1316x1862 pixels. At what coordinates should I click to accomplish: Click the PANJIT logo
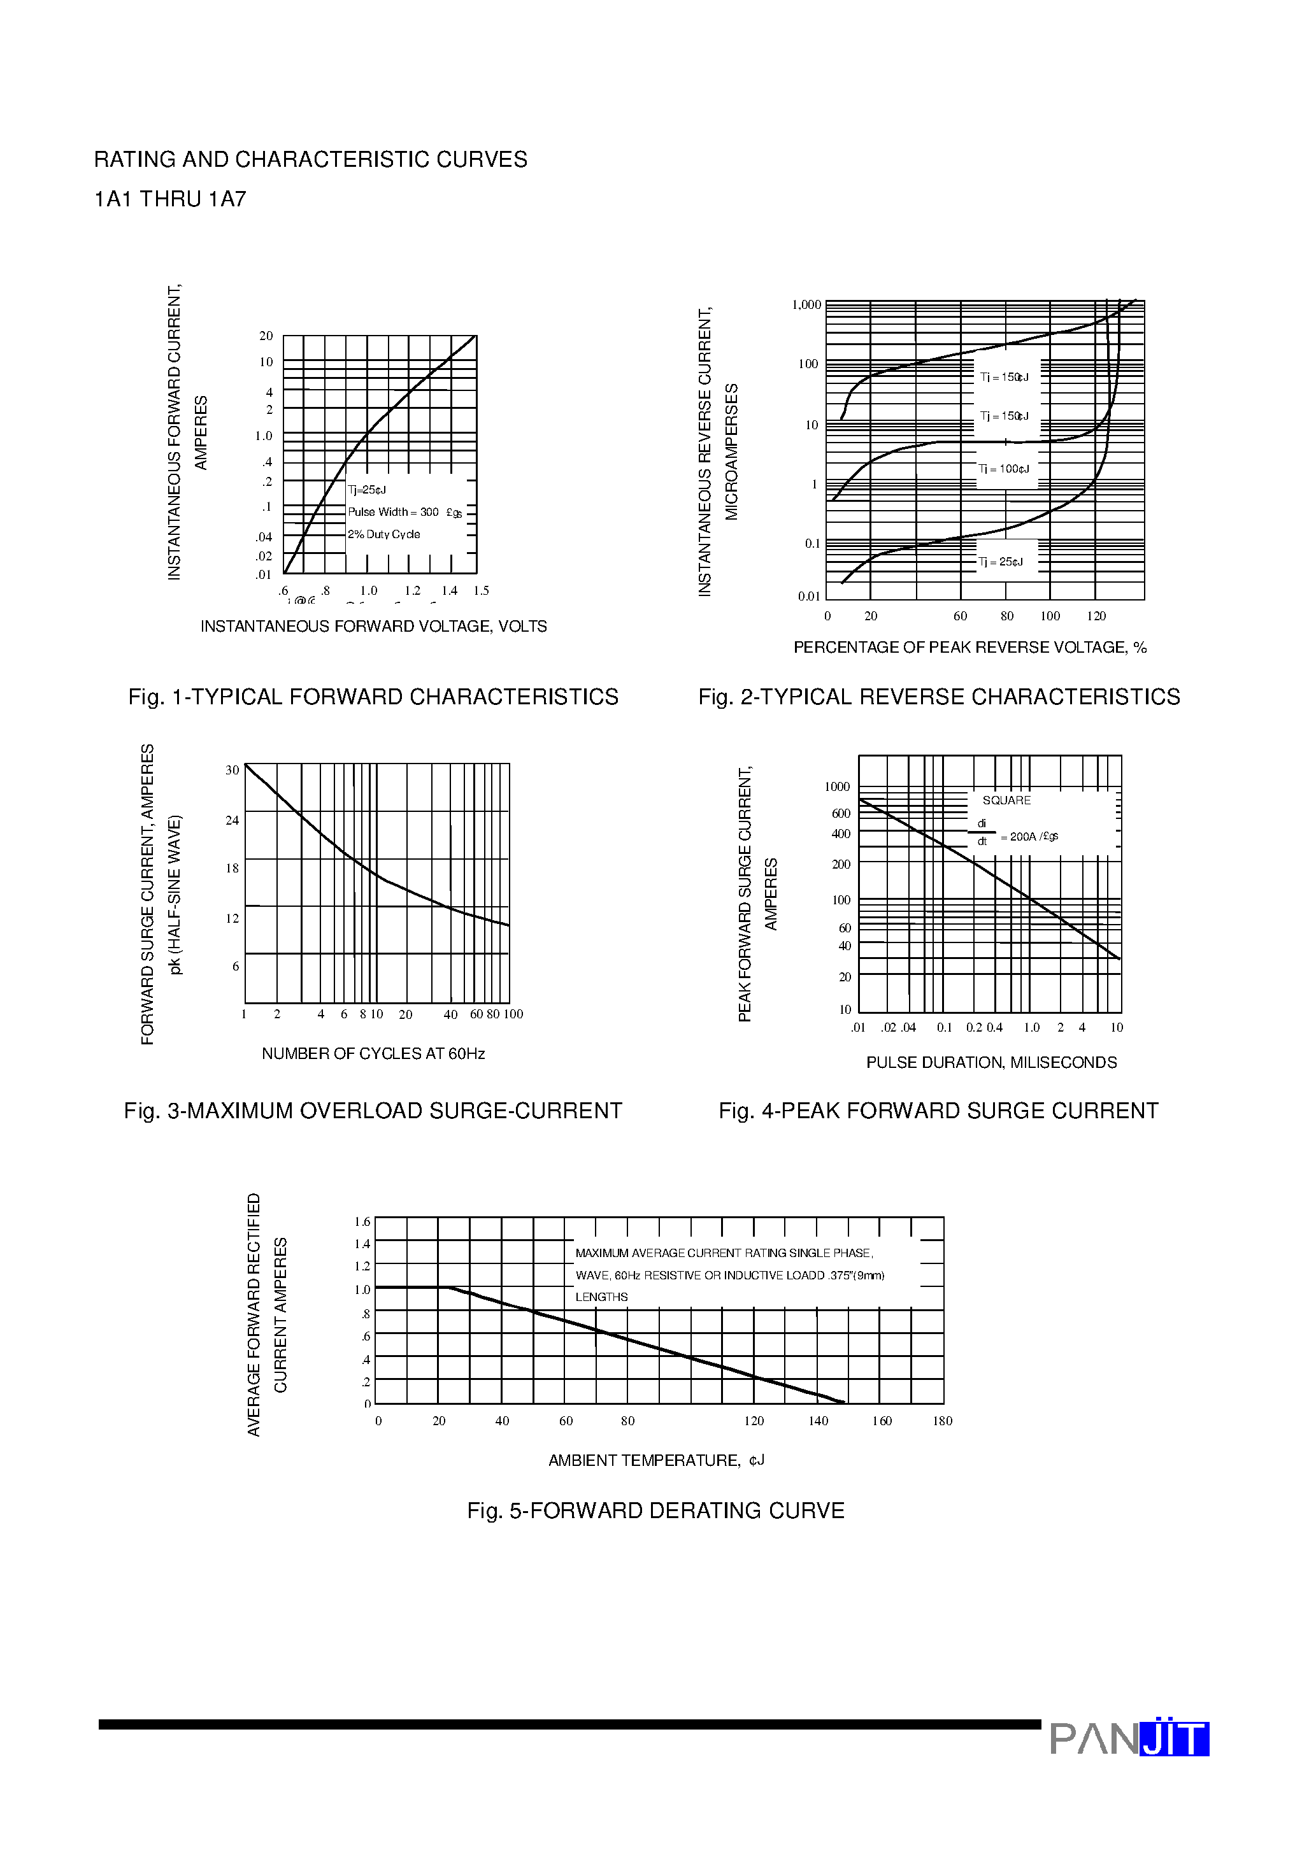[1129, 1738]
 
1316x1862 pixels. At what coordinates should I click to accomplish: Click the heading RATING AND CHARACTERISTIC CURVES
[310, 160]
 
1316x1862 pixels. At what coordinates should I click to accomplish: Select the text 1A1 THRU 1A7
[170, 199]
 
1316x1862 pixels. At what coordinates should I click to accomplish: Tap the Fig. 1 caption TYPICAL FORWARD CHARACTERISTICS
[373, 697]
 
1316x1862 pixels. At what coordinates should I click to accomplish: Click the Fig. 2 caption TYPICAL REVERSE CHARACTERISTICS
[939, 697]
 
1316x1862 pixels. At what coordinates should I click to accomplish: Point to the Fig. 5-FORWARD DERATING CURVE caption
[655, 1511]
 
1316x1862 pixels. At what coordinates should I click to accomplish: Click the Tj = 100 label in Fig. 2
[1004, 469]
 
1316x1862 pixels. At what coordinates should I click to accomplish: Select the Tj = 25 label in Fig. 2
[1001, 562]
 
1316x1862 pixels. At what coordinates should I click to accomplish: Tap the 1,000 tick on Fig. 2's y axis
[806, 305]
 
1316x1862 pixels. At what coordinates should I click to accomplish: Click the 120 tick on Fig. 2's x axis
[1096, 616]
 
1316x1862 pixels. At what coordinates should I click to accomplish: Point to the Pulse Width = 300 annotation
[404, 513]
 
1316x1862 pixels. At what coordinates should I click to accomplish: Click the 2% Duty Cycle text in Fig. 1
[383, 534]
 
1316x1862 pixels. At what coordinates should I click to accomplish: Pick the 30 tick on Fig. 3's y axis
[232, 771]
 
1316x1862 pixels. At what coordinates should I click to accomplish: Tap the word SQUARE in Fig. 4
[1006, 800]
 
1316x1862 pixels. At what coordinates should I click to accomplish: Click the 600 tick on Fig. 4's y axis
[841, 813]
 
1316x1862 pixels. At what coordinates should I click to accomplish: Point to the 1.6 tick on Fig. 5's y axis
[362, 1222]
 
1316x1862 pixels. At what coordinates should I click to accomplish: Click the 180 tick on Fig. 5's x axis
[942, 1421]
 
